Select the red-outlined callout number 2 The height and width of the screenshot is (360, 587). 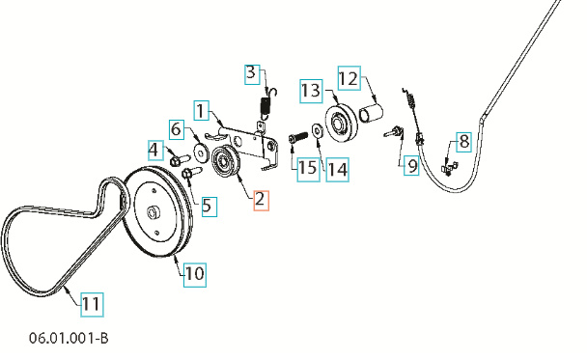click(261, 201)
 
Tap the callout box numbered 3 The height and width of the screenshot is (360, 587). click(251, 72)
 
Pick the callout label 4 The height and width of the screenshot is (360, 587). click(154, 149)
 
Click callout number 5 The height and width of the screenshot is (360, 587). click(208, 205)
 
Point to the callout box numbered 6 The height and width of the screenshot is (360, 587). click(177, 128)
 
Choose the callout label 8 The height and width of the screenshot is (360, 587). click(463, 142)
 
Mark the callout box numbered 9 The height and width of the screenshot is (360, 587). click(411, 165)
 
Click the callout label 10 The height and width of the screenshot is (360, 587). click(194, 273)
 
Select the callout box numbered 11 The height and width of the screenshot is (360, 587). click(90, 305)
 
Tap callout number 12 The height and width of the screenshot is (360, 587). click(348, 77)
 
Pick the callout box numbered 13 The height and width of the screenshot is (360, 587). click(310, 90)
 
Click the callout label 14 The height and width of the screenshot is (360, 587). click(336, 169)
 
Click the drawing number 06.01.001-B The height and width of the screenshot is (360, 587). click(69, 340)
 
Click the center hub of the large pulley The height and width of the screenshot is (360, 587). click(154, 213)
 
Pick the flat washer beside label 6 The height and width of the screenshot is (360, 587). click(200, 152)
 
